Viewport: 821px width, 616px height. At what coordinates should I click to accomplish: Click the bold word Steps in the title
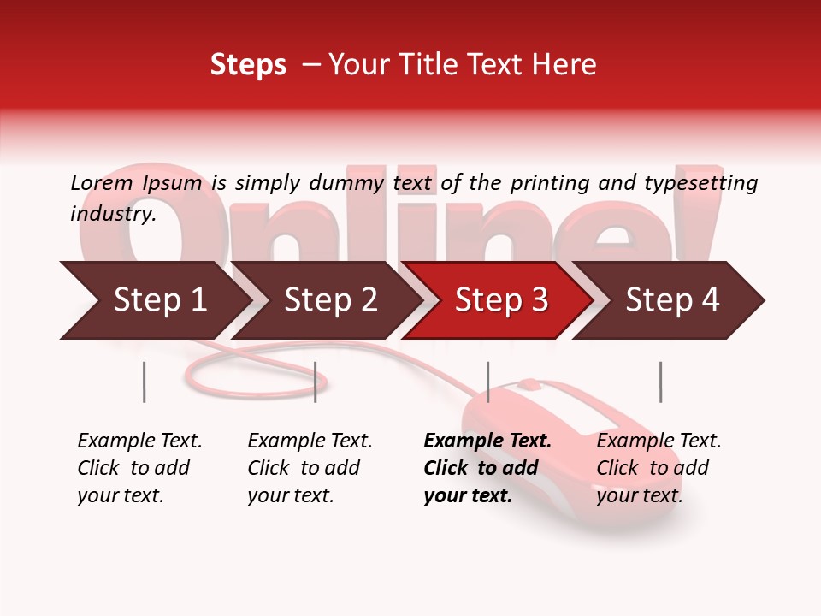tap(248, 65)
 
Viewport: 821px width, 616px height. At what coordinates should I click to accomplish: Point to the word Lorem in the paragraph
tap(102, 182)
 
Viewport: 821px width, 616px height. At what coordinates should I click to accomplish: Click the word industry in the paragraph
tap(112, 214)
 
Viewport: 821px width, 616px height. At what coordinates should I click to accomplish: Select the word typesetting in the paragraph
tap(700, 183)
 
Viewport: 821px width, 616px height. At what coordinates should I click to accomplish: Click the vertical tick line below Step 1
tap(144, 382)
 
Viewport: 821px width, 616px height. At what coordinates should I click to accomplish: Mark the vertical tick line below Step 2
tap(316, 382)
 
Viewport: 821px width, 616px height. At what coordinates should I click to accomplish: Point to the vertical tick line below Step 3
tap(487, 382)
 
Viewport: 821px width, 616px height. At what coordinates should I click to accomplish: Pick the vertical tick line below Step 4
tap(660, 382)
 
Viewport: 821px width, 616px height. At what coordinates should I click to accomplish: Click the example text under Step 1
tap(139, 468)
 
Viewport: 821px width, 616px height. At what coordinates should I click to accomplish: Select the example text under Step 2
tap(310, 468)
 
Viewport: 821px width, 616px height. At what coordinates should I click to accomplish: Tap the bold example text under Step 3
tap(487, 468)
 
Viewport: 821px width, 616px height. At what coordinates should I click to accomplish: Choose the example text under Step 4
tap(659, 468)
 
